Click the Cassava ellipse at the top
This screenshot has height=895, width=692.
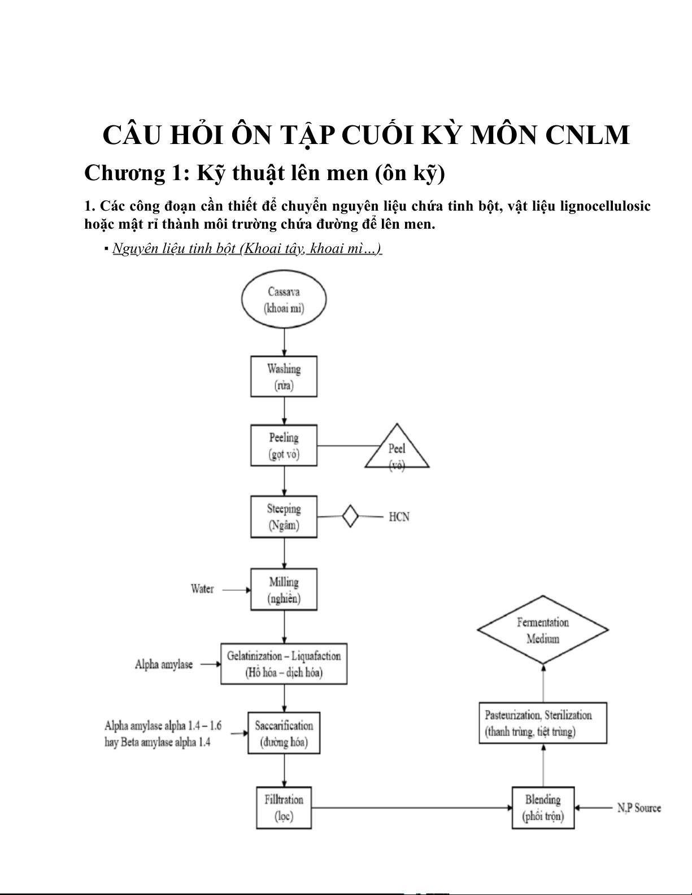point(284,299)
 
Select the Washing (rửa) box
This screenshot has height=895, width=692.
point(284,377)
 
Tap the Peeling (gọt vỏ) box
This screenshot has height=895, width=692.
point(284,446)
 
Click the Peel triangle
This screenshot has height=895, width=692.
point(397,451)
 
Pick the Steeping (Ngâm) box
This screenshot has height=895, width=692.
point(284,517)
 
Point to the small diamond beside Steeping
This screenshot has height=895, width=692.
point(350,516)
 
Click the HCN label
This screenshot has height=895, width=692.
point(399,517)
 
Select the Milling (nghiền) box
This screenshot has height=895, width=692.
point(284,590)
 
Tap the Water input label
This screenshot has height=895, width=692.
point(202,589)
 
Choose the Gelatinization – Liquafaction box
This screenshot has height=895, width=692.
point(284,664)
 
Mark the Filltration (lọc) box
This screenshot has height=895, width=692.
point(284,807)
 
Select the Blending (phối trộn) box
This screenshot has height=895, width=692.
point(543,807)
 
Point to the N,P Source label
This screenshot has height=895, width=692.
point(639,808)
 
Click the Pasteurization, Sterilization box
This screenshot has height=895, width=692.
point(543,723)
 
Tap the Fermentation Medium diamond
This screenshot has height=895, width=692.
point(543,630)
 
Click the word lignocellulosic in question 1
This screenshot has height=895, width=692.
point(605,206)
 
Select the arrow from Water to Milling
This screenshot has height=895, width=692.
point(237,590)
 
